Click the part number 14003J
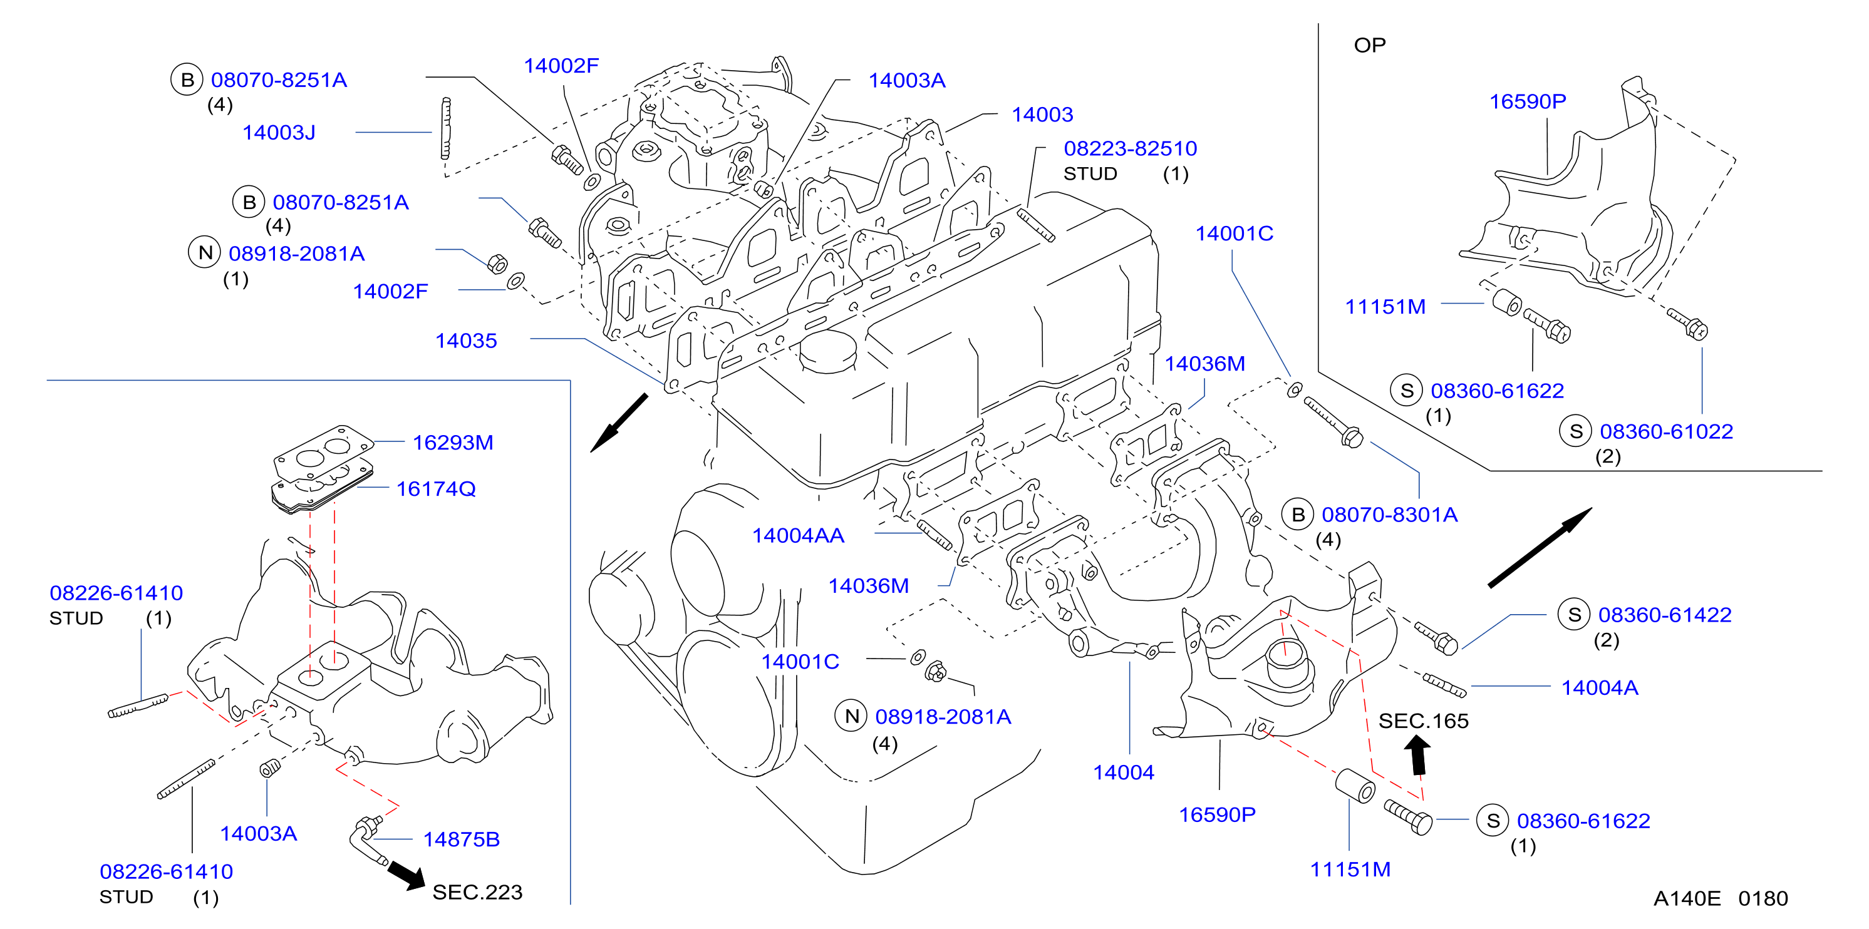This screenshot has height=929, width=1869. tap(279, 133)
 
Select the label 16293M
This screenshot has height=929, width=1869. tap(453, 443)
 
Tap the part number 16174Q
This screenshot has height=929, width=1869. tap(436, 489)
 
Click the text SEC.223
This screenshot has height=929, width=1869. tap(477, 892)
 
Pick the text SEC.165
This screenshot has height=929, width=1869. tap(1424, 721)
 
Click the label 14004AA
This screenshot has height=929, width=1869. tap(798, 535)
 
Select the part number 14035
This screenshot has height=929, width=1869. tap(466, 341)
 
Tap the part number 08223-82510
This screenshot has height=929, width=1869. tap(1131, 148)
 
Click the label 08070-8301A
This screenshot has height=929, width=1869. tap(1389, 515)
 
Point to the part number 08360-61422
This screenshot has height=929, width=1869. tap(1665, 615)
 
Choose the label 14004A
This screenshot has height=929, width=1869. tap(1600, 687)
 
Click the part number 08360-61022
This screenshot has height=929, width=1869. tap(1667, 431)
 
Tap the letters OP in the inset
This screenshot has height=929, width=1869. tap(1370, 45)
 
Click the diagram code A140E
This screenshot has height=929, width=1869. tap(1687, 898)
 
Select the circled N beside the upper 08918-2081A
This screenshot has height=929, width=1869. tap(205, 252)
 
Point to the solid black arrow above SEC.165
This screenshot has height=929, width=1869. tap(1417, 755)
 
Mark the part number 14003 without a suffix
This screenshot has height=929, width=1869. tap(1043, 115)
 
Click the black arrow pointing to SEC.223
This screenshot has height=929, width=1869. tap(406, 873)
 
